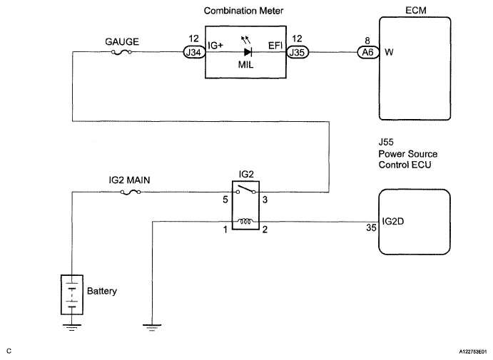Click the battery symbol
tap(71, 292)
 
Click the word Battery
tap(101, 292)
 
